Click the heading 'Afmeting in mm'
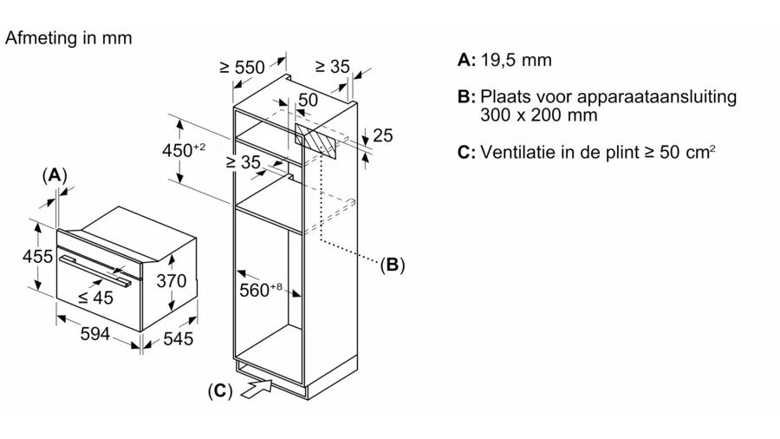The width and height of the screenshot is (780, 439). point(68,38)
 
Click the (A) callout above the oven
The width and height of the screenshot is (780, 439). point(55,174)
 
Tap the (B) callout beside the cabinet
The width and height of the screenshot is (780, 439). point(392,265)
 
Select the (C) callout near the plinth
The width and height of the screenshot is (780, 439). point(219,391)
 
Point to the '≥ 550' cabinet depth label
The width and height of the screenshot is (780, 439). point(243,66)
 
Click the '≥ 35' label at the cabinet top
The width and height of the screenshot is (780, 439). point(332,66)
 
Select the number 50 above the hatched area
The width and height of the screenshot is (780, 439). point(309,101)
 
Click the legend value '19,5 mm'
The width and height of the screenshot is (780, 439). point(517,61)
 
